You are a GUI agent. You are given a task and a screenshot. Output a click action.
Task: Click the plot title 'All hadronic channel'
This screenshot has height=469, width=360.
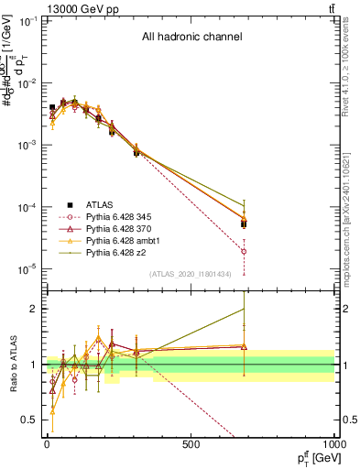point(191,38)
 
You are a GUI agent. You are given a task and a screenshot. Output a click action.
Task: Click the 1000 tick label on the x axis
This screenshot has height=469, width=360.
point(333,445)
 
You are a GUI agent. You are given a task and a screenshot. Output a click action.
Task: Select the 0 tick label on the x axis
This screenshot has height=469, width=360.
point(47,445)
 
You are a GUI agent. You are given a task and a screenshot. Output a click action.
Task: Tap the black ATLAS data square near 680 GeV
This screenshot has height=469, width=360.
point(244,224)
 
